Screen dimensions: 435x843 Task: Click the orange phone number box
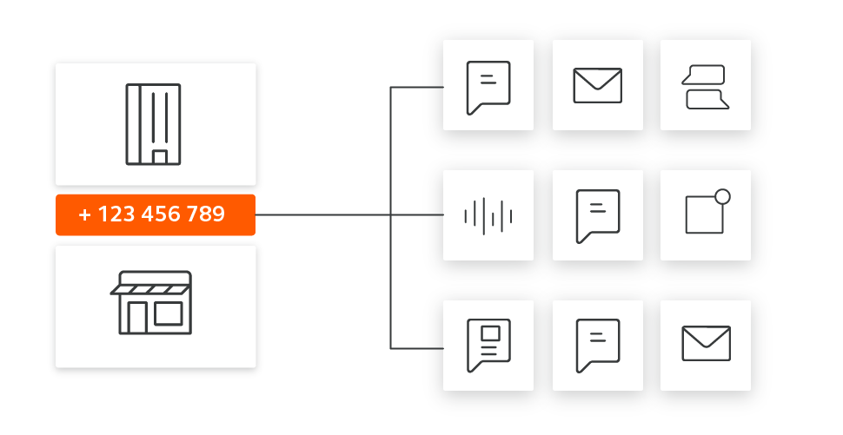[x=155, y=214]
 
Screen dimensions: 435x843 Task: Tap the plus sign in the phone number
[x=84, y=214]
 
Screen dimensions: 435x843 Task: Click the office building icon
[x=153, y=123]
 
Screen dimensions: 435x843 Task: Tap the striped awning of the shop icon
[x=153, y=284]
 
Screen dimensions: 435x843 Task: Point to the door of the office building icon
[x=160, y=156]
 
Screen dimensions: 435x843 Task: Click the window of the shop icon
[x=168, y=313]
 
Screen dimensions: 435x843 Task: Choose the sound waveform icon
[x=488, y=215]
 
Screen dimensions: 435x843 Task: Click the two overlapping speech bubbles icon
[x=705, y=88]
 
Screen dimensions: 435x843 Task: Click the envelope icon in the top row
[x=597, y=85]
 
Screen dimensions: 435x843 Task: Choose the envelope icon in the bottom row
[x=706, y=343]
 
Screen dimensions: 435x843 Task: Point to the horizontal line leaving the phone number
[x=322, y=214]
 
